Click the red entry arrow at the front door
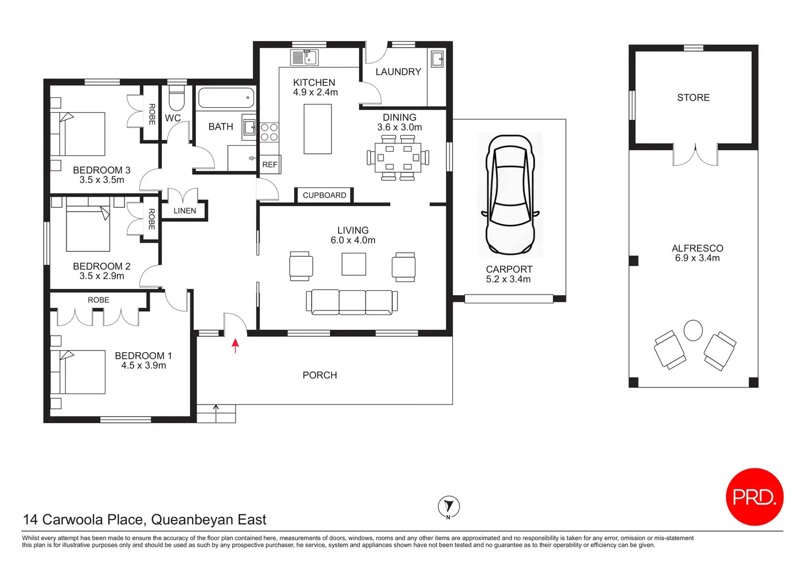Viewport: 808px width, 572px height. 235,346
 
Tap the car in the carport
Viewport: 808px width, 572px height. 510,195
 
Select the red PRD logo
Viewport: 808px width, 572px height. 755,497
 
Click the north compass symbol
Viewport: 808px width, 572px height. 448,507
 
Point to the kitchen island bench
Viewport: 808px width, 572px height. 317,129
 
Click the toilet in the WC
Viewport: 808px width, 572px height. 176,98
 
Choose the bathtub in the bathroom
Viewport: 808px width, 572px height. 226,97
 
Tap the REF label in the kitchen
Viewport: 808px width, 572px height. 270,165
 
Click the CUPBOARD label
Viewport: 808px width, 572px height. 324,196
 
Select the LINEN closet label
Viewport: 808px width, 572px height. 184,210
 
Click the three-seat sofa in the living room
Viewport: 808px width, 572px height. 352,302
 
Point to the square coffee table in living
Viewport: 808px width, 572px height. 354,264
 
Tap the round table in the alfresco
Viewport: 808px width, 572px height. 693,330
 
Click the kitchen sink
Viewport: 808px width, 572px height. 305,58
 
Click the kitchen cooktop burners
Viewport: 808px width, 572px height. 269,132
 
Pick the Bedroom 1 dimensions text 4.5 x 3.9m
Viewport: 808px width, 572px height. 144,365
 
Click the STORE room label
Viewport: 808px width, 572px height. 693,97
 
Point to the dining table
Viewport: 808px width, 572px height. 398,158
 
